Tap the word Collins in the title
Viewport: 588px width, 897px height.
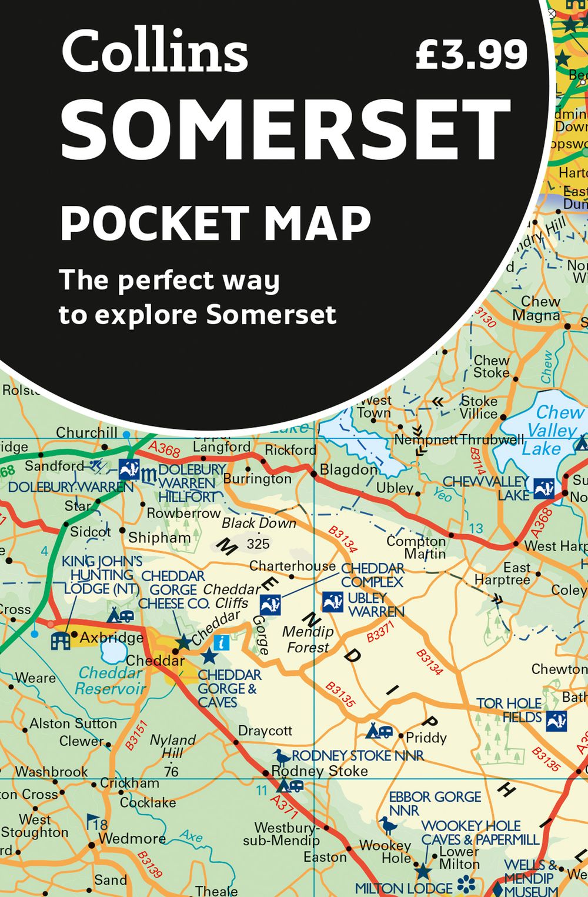(x=154, y=52)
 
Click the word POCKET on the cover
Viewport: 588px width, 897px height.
(x=155, y=224)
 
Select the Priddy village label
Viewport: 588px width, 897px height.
(x=426, y=738)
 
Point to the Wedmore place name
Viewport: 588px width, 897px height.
(x=132, y=838)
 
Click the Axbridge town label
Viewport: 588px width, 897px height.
(x=111, y=638)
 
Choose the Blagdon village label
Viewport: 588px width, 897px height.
(x=348, y=470)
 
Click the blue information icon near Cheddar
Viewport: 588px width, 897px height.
(x=221, y=642)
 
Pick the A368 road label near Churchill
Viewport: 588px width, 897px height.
(x=164, y=450)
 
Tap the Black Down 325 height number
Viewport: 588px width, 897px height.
(x=258, y=544)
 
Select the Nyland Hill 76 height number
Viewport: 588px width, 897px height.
(x=171, y=771)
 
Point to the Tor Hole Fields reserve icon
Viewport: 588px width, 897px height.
(x=556, y=721)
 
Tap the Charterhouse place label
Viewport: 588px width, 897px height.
(x=292, y=566)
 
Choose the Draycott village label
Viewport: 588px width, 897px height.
(x=265, y=731)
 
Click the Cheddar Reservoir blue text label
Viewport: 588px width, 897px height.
(x=111, y=681)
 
